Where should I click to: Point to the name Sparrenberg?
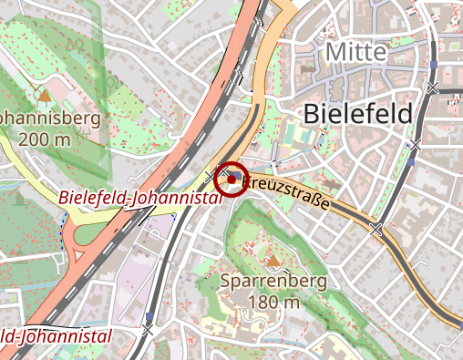[273, 281]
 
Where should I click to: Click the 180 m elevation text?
[273, 302]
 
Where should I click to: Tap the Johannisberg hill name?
[42, 118]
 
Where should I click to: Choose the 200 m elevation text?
[42, 139]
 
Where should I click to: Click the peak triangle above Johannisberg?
[43, 94]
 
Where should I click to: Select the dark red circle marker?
[231, 179]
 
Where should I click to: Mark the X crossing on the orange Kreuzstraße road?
[376, 228]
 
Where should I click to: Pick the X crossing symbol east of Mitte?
[434, 88]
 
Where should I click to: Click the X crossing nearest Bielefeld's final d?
[416, 145]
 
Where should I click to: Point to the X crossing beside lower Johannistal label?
[148, 328]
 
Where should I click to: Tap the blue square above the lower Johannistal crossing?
[148, 315]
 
